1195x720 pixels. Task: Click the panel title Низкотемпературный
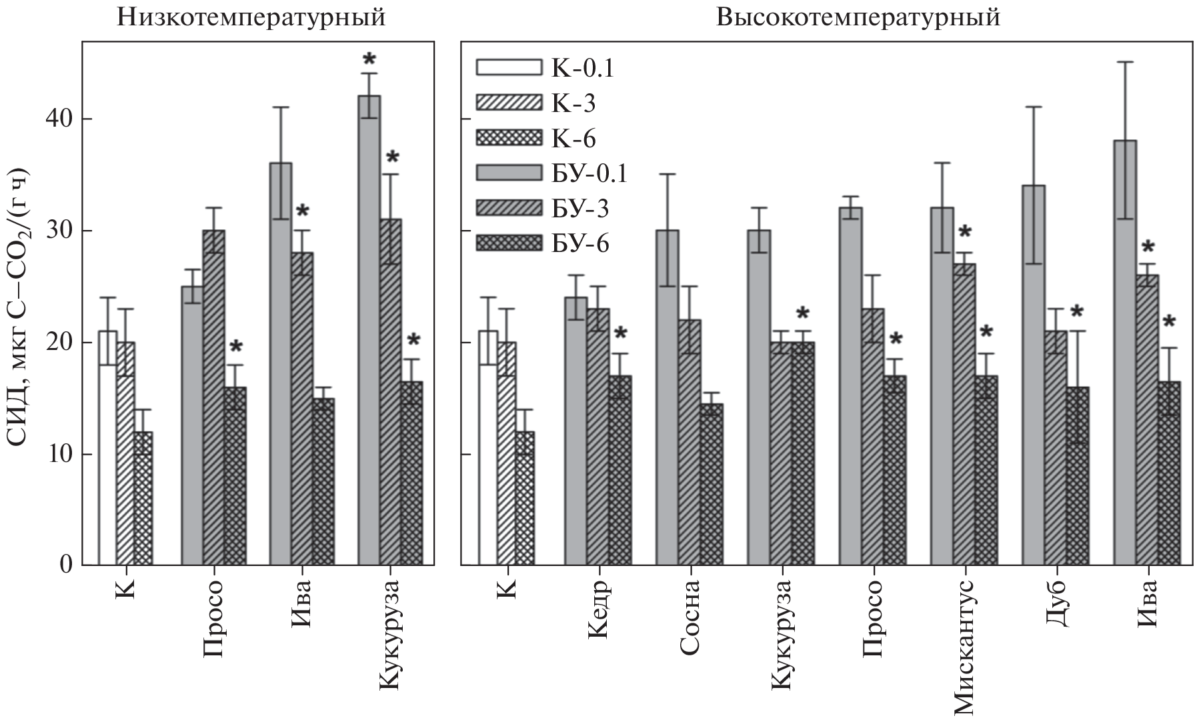tap(251, 17)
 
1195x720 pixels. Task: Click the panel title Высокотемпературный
tap(858, 17)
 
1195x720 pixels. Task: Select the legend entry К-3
tap(573, 103)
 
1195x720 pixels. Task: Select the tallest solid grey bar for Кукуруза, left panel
tap(369, 331)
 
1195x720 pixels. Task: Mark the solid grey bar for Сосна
tap(668, 398)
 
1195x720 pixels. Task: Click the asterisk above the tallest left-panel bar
tap(369, 61)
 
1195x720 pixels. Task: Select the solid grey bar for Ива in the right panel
tap(1125, 353)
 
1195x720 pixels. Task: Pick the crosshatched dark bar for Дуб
tap(1078, 476)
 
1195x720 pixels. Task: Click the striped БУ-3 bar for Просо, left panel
tap(213, 398)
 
